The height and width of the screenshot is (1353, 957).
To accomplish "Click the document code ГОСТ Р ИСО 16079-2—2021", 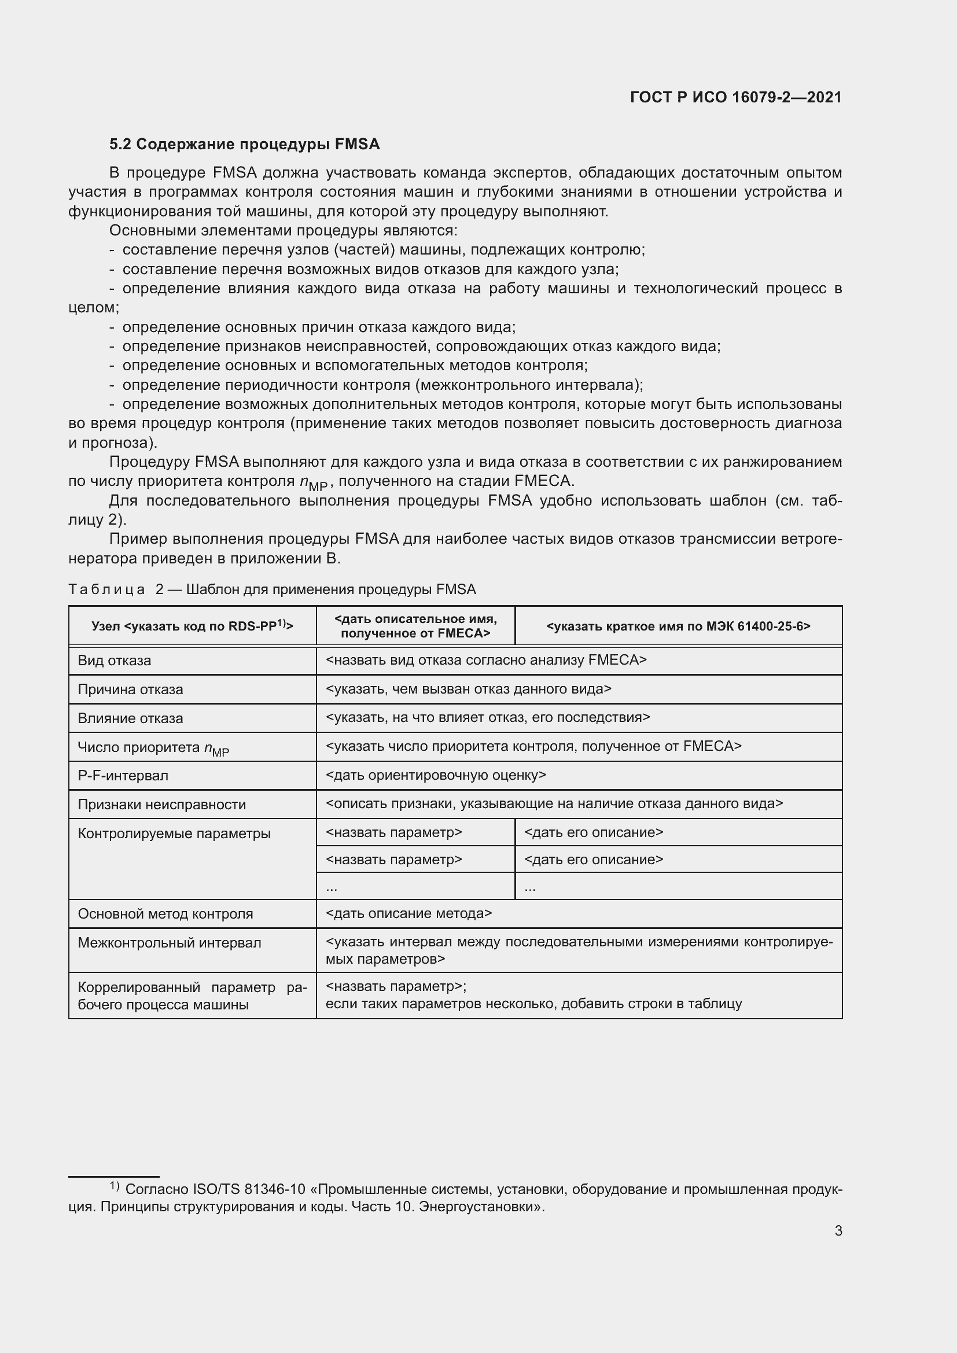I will tap(735, 97).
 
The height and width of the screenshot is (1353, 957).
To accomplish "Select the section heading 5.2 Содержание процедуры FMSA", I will tap(244, 145).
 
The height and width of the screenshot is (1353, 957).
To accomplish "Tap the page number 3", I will tap(838, 1230).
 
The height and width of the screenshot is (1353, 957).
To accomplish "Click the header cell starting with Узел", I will tap(192, 626).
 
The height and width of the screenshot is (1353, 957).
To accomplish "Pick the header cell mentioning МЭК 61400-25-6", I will tap(678, 626).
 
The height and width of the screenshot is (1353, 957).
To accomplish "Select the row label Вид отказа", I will tap(115, 661).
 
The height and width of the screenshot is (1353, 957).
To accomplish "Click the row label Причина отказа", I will tap(130, 690).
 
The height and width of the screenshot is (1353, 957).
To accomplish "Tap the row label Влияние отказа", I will tap(130, 718).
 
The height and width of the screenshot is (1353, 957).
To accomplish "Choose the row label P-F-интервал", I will tap(123, 776).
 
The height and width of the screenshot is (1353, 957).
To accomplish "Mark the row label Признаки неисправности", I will tap(161, 805).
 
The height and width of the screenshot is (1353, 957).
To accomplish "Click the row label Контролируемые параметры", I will tap(174, 833).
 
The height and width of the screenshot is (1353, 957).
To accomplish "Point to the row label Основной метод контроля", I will tap(165, 914).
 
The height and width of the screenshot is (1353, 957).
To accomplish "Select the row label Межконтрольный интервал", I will tap(169, 943).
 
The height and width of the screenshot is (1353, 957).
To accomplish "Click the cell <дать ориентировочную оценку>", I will tap(436, 776).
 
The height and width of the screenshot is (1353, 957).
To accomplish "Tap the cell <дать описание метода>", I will tap(408, 913).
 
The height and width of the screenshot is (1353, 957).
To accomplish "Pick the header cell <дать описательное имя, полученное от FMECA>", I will tap(415, 626).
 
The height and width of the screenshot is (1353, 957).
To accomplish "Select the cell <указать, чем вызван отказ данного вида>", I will tap(468, 689).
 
